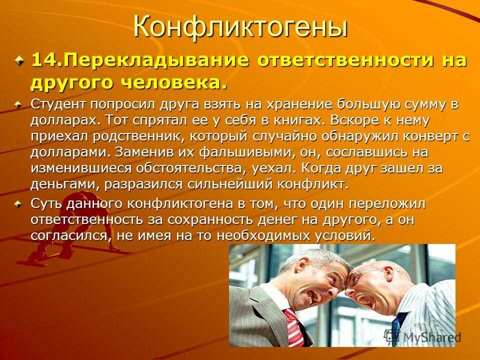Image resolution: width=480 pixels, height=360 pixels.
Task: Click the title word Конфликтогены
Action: pos(240,27)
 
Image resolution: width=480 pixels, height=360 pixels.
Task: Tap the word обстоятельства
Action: pos(191,168)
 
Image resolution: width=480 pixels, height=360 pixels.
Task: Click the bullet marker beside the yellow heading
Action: pos(20,60)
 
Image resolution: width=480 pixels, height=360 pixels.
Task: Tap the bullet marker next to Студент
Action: pos(19,104)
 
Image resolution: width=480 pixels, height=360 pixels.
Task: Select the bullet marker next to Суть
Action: pos(19,204)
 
